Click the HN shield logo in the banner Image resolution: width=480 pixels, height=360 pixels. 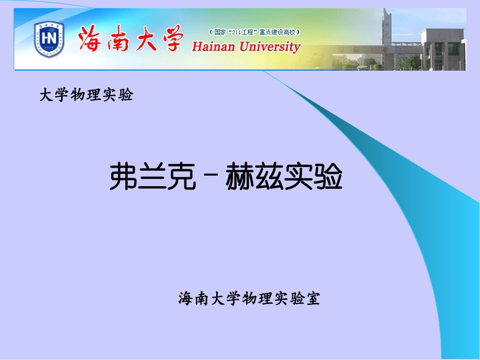point(49,39)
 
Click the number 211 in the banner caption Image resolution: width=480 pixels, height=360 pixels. point(237,32)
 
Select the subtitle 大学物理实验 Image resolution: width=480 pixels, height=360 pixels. point(86,95)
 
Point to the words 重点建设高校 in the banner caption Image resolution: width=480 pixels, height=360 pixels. point(278,32)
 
